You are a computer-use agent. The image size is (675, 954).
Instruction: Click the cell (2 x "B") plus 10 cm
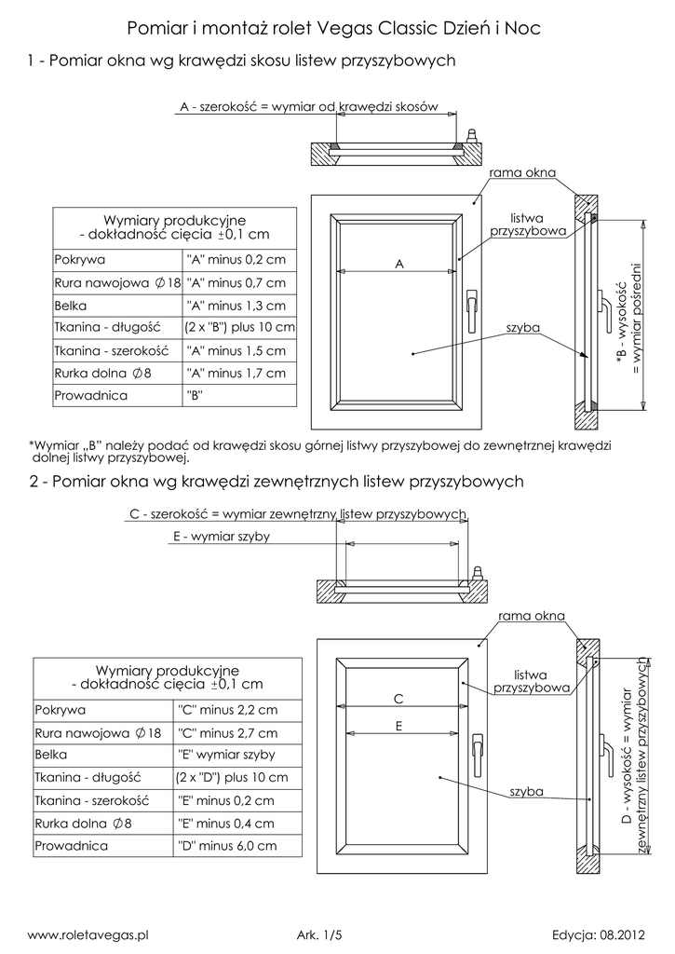(x=240, y=328)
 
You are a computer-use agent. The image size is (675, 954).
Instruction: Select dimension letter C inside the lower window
(x=397, y=699)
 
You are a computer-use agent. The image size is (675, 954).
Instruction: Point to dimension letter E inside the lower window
(x=398, y=725)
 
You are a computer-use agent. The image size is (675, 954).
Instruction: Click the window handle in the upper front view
(x=472, y=304)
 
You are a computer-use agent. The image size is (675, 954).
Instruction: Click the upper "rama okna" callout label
(x=521, y=174)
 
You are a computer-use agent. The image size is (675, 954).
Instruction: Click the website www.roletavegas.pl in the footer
(x=90, y=933)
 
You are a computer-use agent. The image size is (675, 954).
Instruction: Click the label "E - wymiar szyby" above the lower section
(x=222, y=537)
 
